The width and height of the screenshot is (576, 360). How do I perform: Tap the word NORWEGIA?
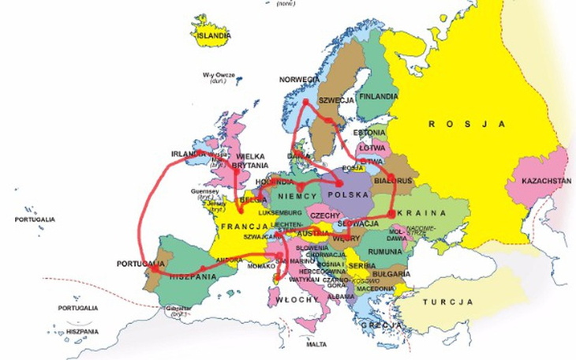(300, 80)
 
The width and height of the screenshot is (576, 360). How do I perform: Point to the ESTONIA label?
(369, 132)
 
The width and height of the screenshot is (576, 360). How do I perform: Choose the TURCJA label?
(447, 302)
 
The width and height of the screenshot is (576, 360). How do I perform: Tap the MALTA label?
(316, 344)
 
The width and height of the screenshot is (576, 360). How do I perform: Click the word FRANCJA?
(241, 227)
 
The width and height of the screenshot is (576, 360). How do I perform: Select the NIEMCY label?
(299, 195)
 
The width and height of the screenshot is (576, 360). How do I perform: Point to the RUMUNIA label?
(385, 251)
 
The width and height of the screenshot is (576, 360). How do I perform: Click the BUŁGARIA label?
(391, 274)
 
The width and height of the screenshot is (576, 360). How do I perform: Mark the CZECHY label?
(324, 215)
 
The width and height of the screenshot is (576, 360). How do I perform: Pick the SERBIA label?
(362, 266)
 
